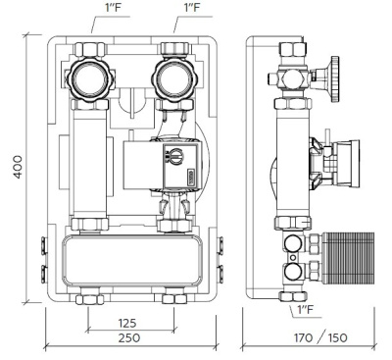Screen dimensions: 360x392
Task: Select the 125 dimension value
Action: tap(125, 322)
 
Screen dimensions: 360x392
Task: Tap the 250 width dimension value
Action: tap(126, 338)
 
